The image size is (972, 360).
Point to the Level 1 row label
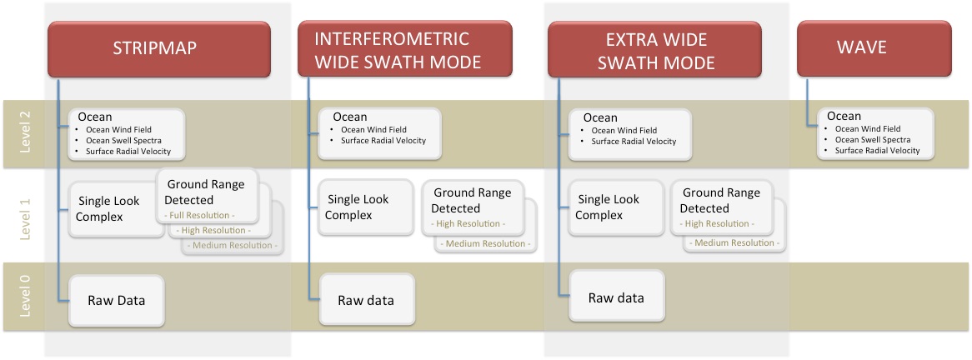pos(24,215)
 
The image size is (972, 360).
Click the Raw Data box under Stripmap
pos(116,300)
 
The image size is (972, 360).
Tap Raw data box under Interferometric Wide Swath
pos(366,301)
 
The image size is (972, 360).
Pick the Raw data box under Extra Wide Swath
pos(616,297)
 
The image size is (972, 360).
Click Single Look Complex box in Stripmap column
pos(108,208)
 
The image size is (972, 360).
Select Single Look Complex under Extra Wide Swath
pos(608,207)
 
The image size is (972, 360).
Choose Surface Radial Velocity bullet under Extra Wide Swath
pos(634,142)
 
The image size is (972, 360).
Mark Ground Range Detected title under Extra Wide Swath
pos(721,200)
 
